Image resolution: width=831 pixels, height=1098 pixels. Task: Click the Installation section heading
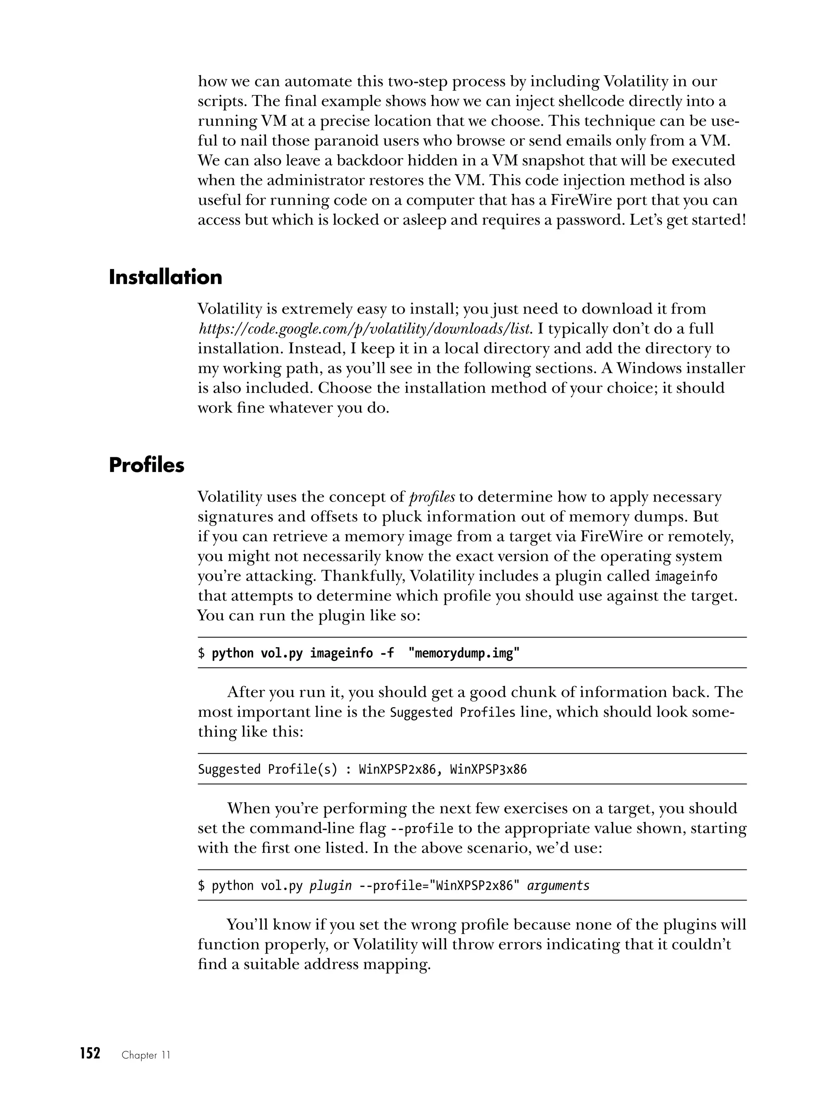[165, 277]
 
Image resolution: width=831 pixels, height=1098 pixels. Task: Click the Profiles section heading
[146, 465]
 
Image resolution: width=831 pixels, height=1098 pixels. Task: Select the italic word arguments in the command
[558, 885]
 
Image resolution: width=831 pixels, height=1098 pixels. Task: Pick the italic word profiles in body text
[431, 497]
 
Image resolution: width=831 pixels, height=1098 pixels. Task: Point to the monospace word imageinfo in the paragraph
[686, 576]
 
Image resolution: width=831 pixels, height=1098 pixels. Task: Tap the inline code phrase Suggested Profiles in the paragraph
[453, 712]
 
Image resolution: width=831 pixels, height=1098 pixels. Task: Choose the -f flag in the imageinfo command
[387, 653]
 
